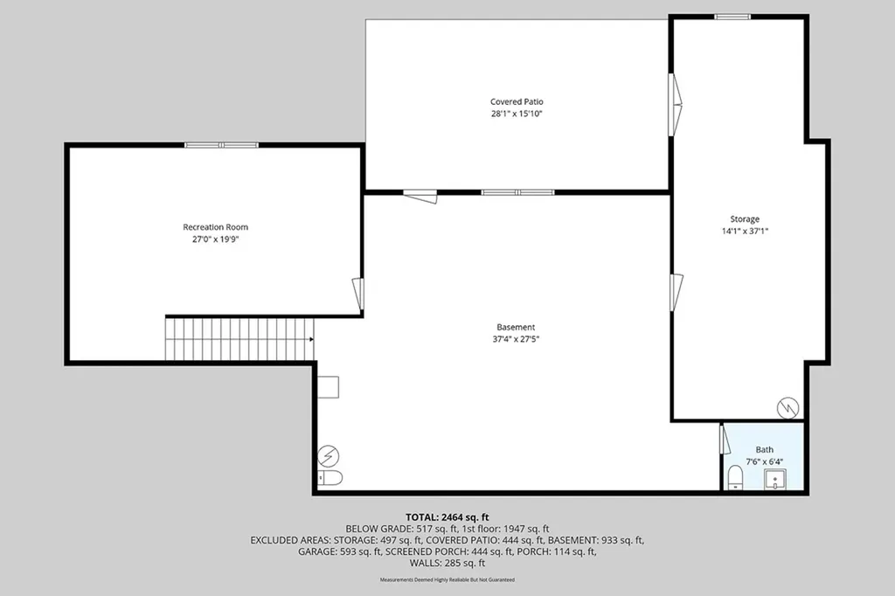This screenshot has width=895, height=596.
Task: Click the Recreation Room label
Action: pyautogui.click(x=216, y=227)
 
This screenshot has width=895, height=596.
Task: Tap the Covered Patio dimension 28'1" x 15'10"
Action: pyautogui.click(x=517, y=114)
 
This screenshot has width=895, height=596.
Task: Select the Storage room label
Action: pyautogui.click(x=745, y=218)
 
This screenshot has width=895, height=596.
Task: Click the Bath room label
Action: pyautogui.click(x=765, y=450)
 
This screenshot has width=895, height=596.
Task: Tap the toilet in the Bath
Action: pyautogui.click(x=735, y=477)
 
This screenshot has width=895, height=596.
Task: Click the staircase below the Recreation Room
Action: pyautogui.click(x=239, y=339)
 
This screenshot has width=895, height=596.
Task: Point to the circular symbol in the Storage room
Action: pyautogui.click(x=788, y=407)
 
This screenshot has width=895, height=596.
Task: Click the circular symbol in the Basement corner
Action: pyautogui.click(x=330, y=454)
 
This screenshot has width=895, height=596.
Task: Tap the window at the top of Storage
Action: pyautogui.click(x=732, y=17)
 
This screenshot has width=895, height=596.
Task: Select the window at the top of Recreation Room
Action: pyautogui.click(x=221, y=145)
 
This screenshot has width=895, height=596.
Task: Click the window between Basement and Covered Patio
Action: pyautogui.click(x=517, y=192)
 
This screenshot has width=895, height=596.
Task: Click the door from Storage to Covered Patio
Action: pyautogui.click(x=675, y=105)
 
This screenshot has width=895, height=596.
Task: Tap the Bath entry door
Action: pyautogui.click(x=723, y=438)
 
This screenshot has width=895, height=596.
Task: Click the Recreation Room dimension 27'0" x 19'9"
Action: pyautogui.click(x=216, y=239)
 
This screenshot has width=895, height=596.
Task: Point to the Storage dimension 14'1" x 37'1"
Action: pyautogui.click(x=745, y=232)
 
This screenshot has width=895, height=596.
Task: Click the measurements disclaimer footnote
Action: pyautogui.click(x=447, y=580)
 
